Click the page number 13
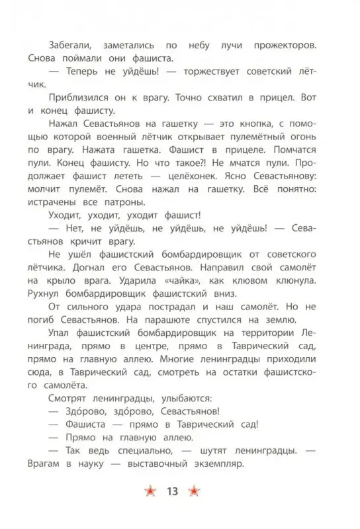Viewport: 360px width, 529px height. tap(173, 491)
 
